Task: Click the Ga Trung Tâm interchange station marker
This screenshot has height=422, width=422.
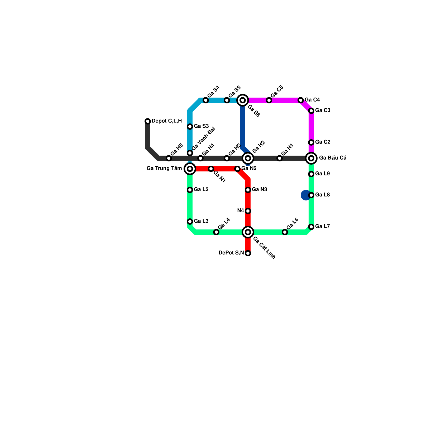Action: pyautogui.click(x=190, y=169)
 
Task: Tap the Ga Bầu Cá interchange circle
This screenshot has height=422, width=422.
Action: pyautogui.click(x=311, y=158)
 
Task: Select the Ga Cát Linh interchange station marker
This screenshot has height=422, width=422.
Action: pyautogui.click(x=248, y=232)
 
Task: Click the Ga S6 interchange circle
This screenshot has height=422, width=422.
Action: pyautogui.click(x=243, y=100)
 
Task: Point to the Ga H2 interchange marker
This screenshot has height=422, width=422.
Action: pyautogui.click(x=248, y=158)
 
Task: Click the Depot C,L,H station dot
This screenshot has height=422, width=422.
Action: pyautogui.click(x=148, y=121)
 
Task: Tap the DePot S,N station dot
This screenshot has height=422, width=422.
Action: pyautogui.click(x=248, y=253)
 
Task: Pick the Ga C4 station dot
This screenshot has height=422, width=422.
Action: pyautogui.click(x=301, y=100)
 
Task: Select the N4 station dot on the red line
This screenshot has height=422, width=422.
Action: pyautogui.click(x=248, y=211)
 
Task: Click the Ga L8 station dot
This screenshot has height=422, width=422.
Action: pyautogui.click(x=311, y=195)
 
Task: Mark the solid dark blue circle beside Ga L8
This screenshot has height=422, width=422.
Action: pyautogui.click(x=305, y=195)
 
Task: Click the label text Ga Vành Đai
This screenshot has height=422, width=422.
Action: pyautogui.click(x=204, y=139)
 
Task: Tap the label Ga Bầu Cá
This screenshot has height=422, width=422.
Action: pyautogui.click(x=333, y=158)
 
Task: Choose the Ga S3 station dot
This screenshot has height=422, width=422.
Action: pyautogui.click(x=190, y=127)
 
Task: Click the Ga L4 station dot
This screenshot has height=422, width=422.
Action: pyautogui.click(x=216, y=232)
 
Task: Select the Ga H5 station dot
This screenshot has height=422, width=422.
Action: pyautogui.click(x=169, y=158)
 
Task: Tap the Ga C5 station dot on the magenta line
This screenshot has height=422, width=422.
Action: pyautogui.click(x=269, y=100)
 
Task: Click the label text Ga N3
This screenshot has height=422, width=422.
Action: pyautogui.click(x=260, y=190)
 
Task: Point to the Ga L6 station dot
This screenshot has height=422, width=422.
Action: pyautogui.click(x=285, y=232)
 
